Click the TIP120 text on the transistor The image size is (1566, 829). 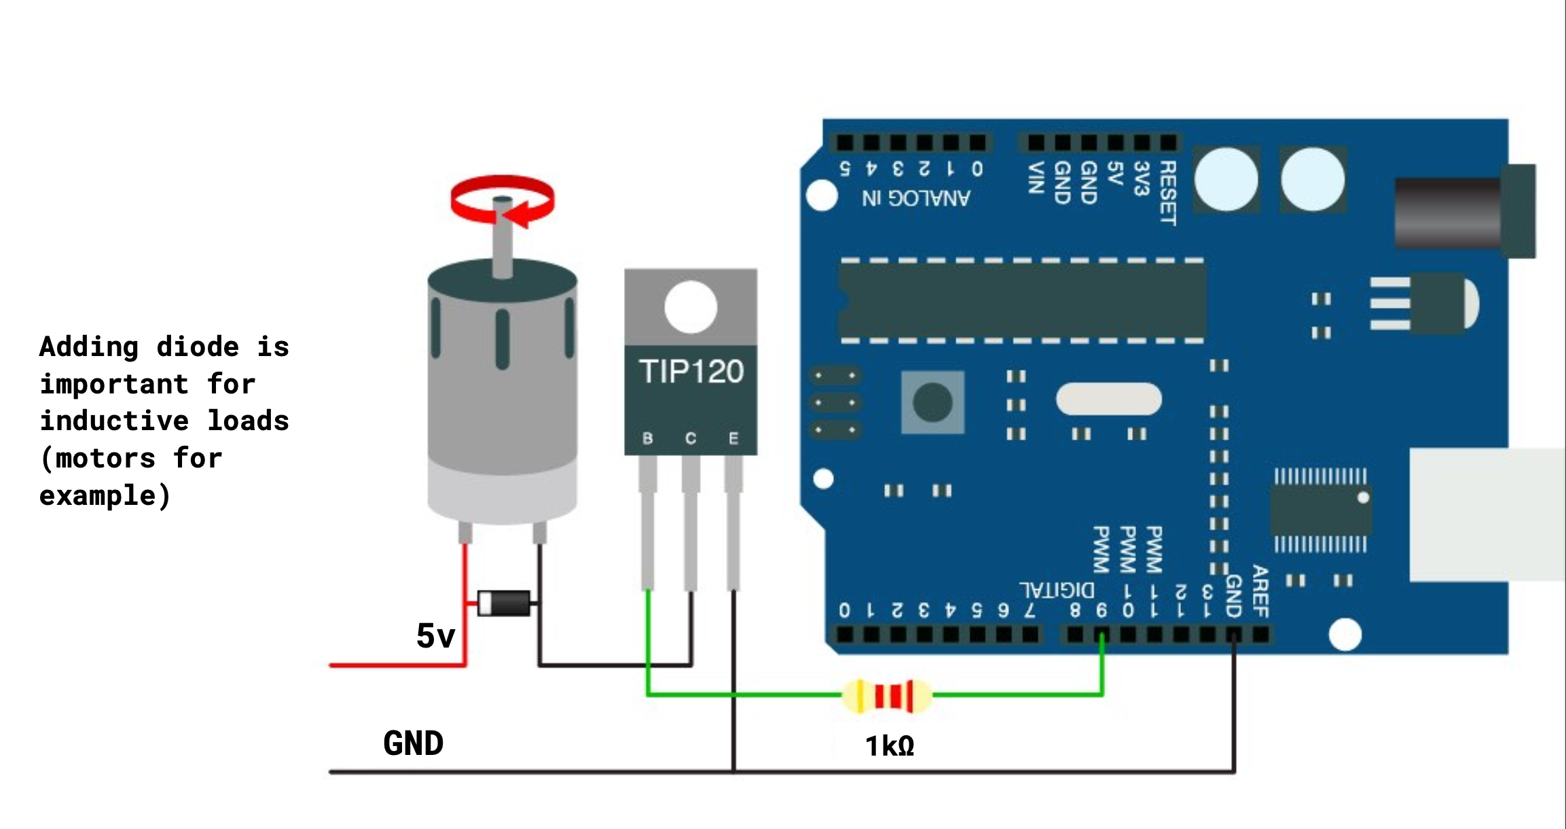tap(691, 372)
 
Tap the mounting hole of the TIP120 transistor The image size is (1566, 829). tap(691, 307)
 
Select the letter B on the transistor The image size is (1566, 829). tap(648, 438)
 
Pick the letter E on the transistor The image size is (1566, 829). tap(733, 438)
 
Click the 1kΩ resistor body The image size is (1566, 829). tap(887, 696)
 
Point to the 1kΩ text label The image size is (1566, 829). tap(890, 746)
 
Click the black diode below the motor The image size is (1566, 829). tap(504, 603)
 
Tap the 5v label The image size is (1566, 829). tap(435, 636)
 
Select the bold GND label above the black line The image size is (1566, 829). tap(413, 743)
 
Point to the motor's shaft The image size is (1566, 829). tap(502, 238)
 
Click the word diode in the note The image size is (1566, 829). tap(198, 347)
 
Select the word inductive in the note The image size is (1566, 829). tap(114, 421)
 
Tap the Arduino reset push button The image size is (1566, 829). tap(932, 402)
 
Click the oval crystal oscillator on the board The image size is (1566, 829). tap(1108, 399)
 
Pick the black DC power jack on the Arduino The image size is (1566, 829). tap(1460, 212)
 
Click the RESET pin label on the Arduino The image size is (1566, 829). tap(1167, 193)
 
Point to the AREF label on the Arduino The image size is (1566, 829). tap(1260, 591)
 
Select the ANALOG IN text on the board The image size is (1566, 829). tap(916, 198)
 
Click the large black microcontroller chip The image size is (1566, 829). tap(1022, 300)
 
